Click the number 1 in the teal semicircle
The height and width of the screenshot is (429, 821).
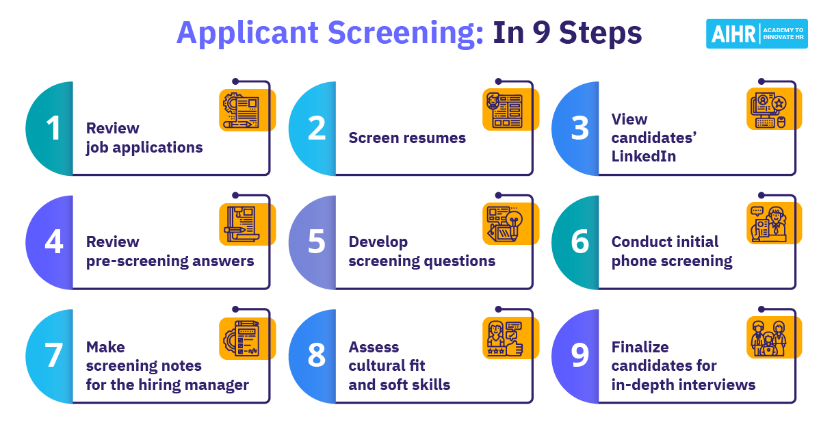tap(53, 129)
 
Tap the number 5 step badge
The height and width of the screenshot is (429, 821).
tap(316, 243)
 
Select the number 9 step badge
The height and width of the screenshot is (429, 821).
tap(579, 356)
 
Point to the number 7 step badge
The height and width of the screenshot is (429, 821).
tap(53, 356)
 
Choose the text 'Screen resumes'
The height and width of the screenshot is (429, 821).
tap(407, 138)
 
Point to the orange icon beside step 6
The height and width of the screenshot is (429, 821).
tap(773, 223)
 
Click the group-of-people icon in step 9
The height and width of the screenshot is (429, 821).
tap(773, 337)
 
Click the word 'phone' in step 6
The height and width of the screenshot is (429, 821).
tap(635, 261)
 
